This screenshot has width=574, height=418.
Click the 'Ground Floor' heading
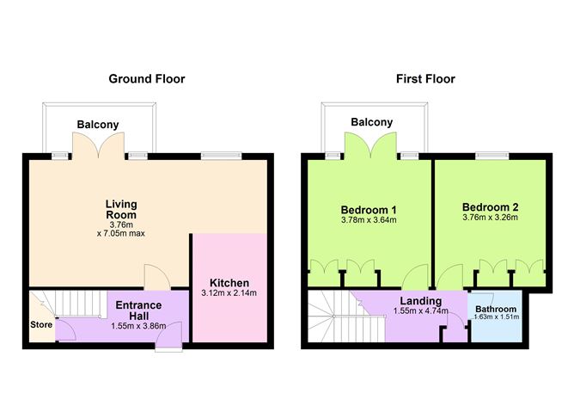tap(146, 79)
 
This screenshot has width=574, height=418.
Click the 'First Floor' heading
tap(425, 79)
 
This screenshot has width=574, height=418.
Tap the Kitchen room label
tap(229, 283)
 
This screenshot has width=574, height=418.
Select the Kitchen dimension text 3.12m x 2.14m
tap(229, 293)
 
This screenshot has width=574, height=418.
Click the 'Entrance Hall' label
tap(134, 310)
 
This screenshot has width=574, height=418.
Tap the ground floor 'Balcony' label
tap(98, 125)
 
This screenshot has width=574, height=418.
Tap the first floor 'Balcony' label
tap(372, 122)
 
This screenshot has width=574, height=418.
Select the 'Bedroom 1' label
tap(368, 209)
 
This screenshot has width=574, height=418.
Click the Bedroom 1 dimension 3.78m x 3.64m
tap(368, 220)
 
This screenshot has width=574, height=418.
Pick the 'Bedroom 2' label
tap(491, 207)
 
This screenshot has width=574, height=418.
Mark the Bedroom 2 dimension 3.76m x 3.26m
tap(491, 218)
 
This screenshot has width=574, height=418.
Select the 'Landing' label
tap(420, 300)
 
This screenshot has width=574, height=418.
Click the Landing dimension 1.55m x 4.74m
tap(420, 311)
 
